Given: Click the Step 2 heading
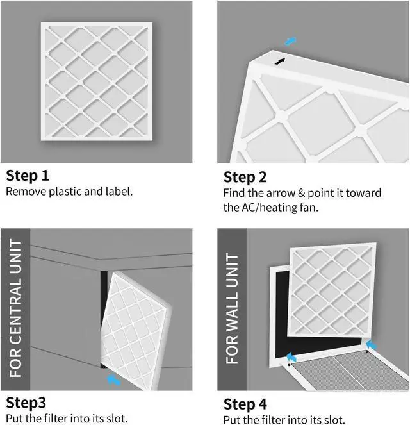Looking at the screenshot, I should click(245, 177).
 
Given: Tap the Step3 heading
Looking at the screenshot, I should click(26, 403).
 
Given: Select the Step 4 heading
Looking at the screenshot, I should click(245, 404).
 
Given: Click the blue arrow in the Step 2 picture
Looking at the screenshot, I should click(291, 42).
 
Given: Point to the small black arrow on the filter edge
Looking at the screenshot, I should click(280, 61).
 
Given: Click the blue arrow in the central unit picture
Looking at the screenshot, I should click(113, 380).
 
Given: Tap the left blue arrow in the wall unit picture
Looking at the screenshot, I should click(291, 357).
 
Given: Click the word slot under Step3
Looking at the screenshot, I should click(117, 419).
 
